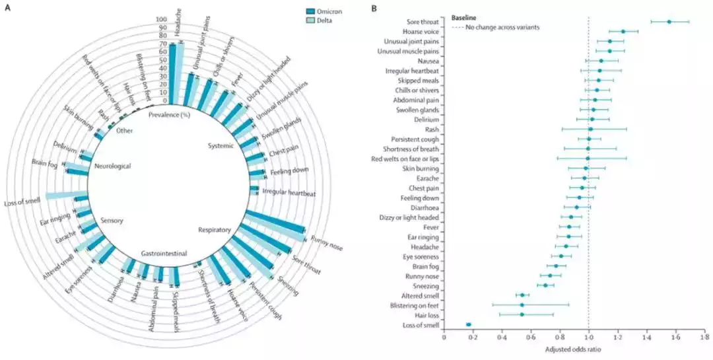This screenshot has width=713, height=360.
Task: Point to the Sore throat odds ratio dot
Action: point(669,22)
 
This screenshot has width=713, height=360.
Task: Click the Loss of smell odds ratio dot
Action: point(468,324)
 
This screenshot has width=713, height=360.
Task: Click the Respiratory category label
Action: point(215,230)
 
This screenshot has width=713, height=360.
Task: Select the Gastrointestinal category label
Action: point(164,253)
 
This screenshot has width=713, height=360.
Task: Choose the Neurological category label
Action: point(114,166)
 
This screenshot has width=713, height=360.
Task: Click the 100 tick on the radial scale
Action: point(160,19)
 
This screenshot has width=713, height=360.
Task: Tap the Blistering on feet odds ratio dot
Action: point(522,305)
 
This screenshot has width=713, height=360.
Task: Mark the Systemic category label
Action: point(221,145)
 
